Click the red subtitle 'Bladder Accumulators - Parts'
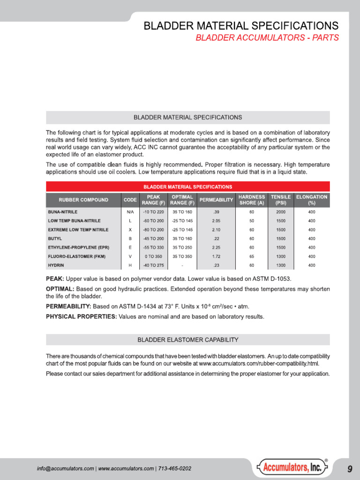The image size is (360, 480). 267,38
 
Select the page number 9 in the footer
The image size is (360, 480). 350,469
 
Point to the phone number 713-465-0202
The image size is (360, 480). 174,469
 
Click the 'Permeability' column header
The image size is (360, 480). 216,200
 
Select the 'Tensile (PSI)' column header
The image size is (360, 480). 281,200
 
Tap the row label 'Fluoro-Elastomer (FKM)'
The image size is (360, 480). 76,256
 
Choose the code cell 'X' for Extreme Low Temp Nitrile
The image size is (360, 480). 130,230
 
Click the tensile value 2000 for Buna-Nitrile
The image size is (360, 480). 281,212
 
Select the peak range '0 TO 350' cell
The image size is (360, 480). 153,256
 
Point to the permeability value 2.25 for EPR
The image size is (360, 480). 216,247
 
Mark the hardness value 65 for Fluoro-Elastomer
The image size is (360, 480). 252,256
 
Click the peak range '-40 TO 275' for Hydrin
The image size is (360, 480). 153,265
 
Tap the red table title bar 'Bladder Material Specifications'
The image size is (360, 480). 187,187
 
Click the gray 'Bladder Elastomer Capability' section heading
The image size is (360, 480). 187,339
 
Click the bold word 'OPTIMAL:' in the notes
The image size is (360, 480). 61,288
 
